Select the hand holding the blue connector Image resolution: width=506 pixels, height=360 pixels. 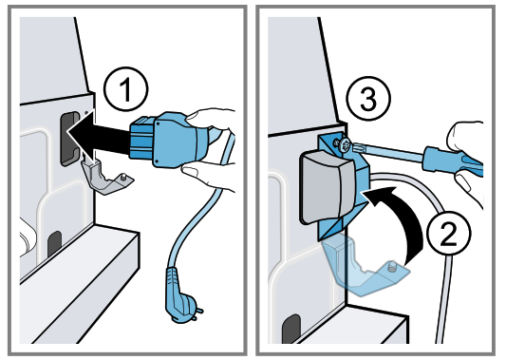point(214,142)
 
